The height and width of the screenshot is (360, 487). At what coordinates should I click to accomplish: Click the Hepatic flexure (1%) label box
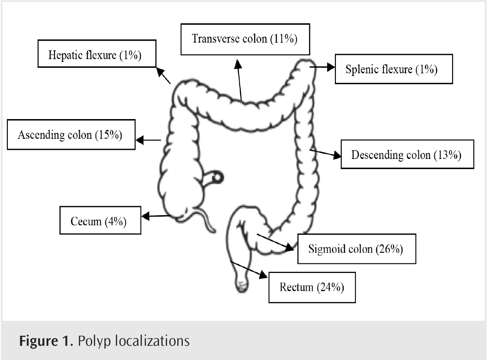point(95,56)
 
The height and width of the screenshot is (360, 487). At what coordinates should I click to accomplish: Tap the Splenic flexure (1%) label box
point(394,70)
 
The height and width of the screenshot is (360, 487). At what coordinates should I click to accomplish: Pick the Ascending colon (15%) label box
point(71,135)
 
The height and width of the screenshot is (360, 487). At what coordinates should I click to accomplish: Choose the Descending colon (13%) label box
point(407,155)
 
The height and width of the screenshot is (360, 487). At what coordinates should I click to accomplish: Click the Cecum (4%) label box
point(100,221)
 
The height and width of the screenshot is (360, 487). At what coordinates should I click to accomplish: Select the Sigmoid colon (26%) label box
point(356,250)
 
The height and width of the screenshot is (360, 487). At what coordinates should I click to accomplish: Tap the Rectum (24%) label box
point(312,288)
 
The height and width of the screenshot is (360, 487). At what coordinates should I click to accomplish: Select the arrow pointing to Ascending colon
point(149,140)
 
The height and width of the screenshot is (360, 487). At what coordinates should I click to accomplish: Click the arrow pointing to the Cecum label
point(156,216)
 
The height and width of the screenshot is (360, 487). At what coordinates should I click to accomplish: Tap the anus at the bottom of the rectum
point(242,287)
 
